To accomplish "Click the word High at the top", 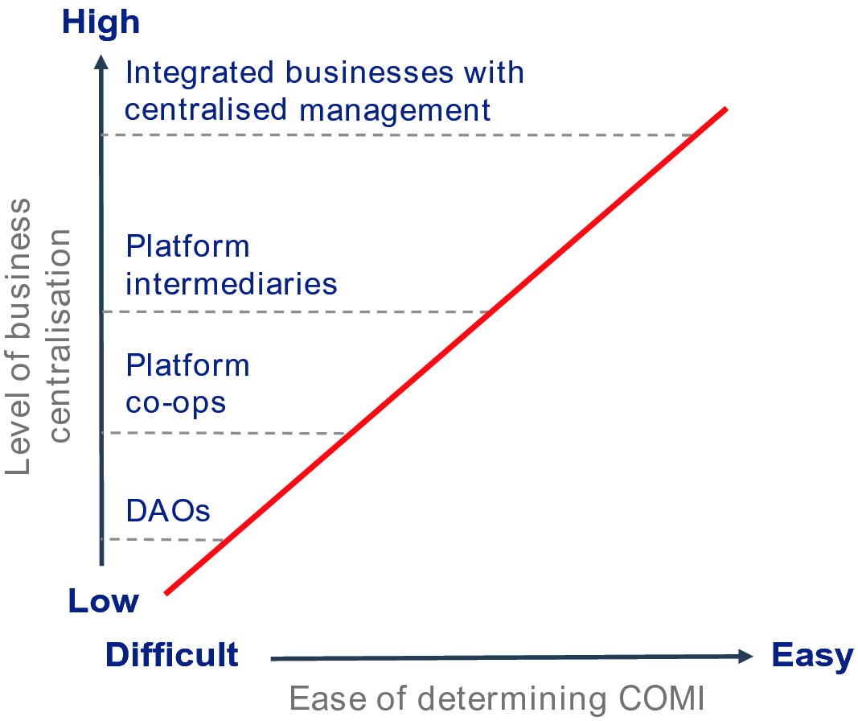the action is coord(101,23).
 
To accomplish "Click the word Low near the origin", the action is coord(104,601).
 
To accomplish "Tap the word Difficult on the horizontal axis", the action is coord(172,654).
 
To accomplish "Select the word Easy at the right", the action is coord(812,656).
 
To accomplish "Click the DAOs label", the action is coord(168,511).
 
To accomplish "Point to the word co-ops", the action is coord(175,404).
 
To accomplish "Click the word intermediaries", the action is coord(232,283).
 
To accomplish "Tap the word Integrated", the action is coord(199,73).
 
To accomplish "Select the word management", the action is coord(395,111).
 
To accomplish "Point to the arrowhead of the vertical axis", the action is coord(101,62).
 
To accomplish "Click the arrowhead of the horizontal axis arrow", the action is coord(746,656).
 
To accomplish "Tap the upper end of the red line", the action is coord(727,109).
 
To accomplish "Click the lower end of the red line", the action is coord(166,593).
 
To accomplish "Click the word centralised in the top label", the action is coord(206,109).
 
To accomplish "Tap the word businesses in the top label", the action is coord(370,72).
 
